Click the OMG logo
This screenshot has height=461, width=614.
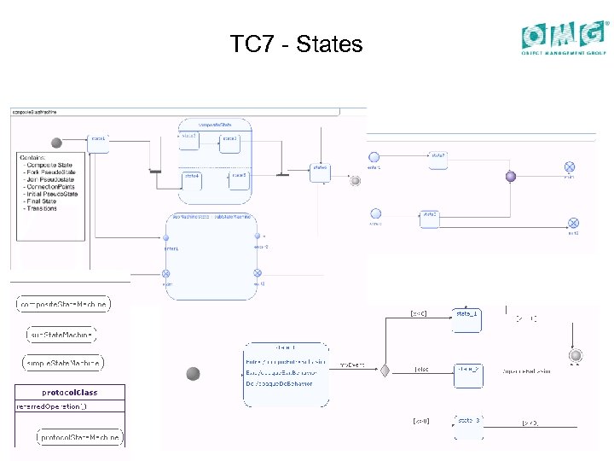pos(565,38)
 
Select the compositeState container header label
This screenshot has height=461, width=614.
pos(215,125)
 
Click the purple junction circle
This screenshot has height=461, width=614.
pos(511,177)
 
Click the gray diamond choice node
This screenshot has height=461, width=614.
pos(385,371)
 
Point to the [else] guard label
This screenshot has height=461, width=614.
pos(420,370)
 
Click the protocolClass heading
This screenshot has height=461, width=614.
pos(69,393)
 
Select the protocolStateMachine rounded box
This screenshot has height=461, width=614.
pos(79,437)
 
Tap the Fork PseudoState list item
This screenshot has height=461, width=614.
pos(51,172)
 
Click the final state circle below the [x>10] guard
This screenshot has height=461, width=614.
pos(575,355)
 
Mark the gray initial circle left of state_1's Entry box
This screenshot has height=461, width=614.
pos(194,373)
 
